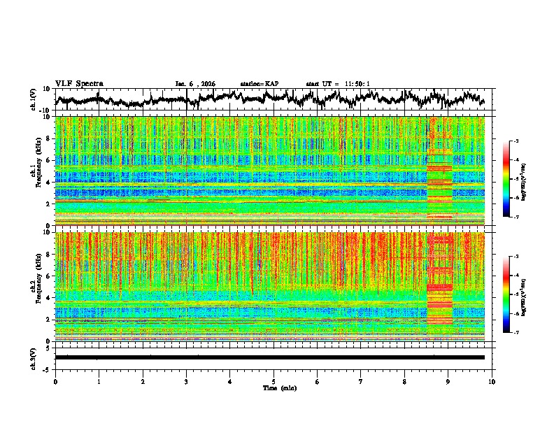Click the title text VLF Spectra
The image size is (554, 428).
click(79, 83)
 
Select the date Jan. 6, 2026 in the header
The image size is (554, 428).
click(195, 84)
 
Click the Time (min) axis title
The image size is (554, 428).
click(279, 387)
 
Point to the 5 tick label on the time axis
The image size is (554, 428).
click(274, 381)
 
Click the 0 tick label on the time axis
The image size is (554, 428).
click(55, 381)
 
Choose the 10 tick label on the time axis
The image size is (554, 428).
click(492, 381)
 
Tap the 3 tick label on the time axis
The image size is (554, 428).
click(186, 381)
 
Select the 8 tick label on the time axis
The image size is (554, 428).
click(404, 381)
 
